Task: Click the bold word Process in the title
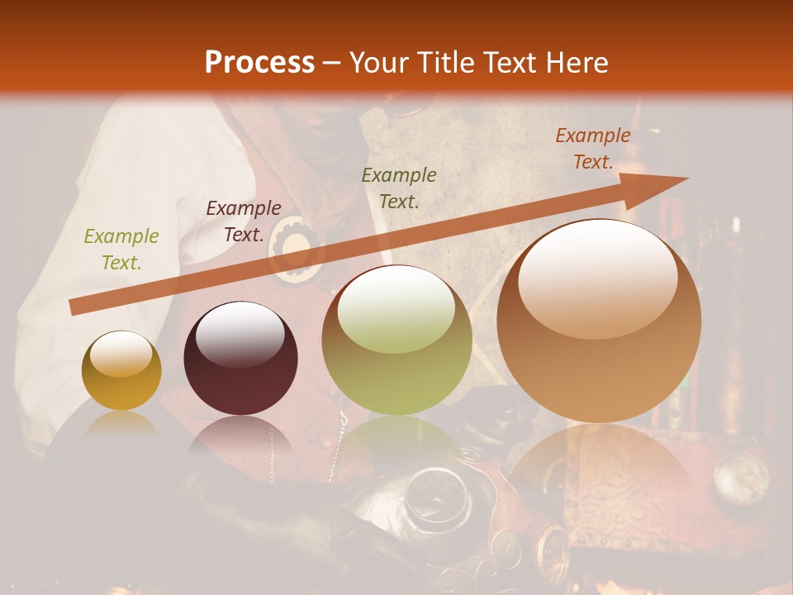(259, 63)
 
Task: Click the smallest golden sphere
(121, 371)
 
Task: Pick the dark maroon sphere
(240, 359)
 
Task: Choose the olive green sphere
(396, 340)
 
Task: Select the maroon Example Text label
(243, 221)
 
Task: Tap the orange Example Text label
(592, 149)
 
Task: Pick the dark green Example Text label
(399, 188)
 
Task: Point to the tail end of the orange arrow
(73, 307)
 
